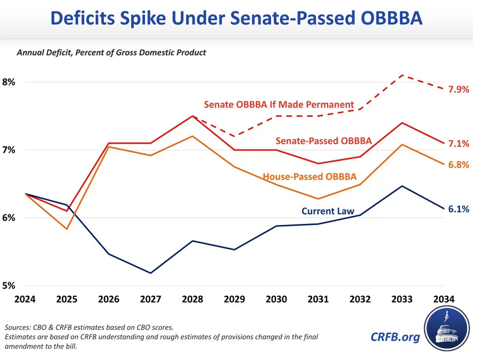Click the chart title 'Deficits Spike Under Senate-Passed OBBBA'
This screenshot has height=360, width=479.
point(236,18)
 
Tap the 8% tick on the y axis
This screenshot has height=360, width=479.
point(10,82)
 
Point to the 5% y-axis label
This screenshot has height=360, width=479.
point(10,286)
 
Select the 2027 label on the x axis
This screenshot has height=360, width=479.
point(151,299)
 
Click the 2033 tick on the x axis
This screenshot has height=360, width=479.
point(402,299)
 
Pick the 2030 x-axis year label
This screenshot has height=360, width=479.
point(276,299)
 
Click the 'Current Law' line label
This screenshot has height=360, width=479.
point(328,211)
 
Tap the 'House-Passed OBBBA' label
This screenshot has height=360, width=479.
point(310,177)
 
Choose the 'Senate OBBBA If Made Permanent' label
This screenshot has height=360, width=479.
point(279,104)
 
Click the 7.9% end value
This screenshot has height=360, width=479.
point(458,89)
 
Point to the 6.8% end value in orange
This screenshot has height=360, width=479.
point(458,165)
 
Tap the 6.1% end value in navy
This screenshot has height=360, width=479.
point(458,209)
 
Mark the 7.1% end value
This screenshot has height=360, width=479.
point(458,144)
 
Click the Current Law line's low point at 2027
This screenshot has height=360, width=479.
point(151,273)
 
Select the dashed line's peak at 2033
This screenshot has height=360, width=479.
point(402,75)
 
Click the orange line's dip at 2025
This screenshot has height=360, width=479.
point(67,229)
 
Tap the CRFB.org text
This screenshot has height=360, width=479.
point(395,337)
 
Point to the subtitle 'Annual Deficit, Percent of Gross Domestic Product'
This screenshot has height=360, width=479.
point(111,53)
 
